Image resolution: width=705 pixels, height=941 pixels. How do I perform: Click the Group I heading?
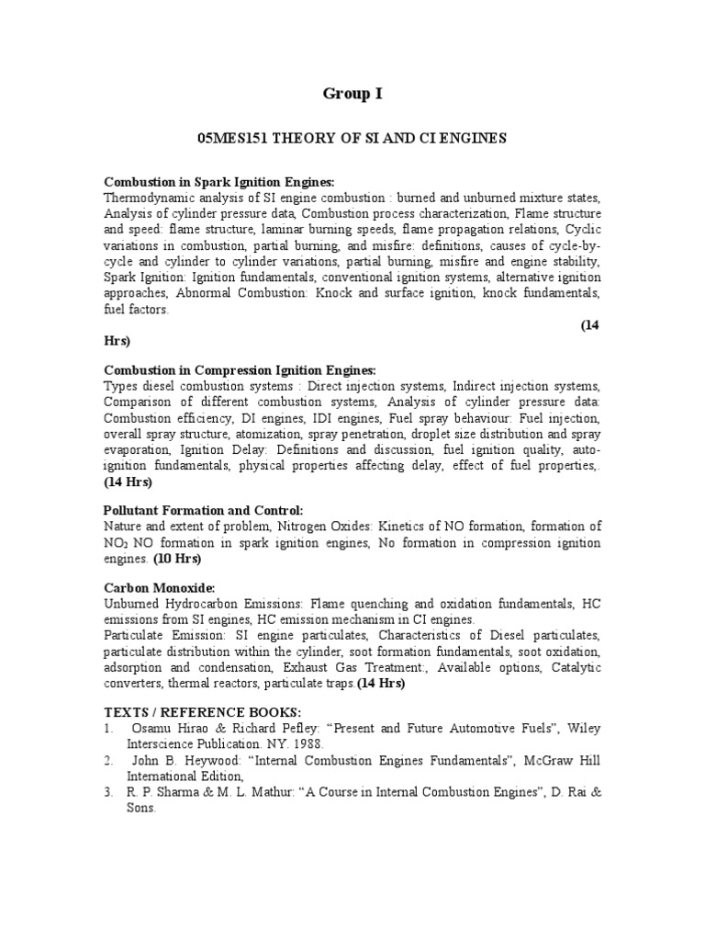352,93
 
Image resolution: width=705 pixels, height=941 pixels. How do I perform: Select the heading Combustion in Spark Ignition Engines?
219,182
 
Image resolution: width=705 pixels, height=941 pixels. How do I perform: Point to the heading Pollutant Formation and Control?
203,510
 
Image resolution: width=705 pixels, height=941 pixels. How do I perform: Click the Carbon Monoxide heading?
159,587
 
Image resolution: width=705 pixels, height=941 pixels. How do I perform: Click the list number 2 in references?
108,761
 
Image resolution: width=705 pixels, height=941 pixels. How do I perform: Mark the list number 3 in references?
108,792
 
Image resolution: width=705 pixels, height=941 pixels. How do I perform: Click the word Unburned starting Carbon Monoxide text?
132,604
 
